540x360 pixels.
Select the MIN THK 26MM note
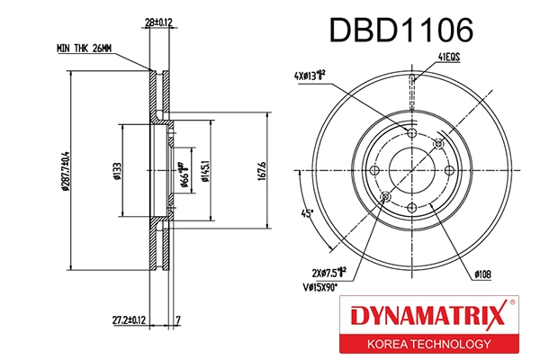85,48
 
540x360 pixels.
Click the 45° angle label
307,213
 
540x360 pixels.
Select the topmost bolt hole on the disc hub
411,133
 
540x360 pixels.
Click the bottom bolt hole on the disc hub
411,208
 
